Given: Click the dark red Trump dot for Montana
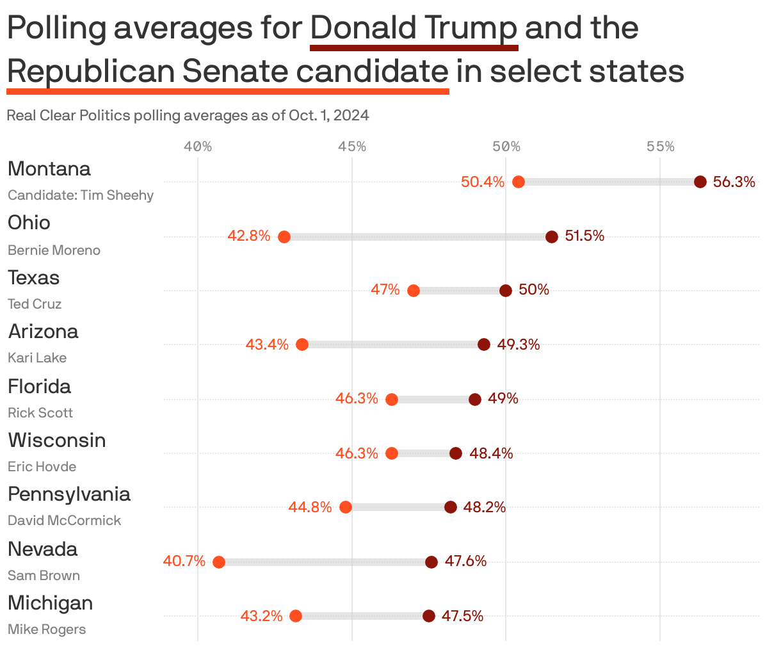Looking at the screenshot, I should [700, 182].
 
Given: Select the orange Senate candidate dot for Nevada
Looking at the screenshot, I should [218, 562].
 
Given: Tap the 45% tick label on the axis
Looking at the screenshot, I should [351, 147].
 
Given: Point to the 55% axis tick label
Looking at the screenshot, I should [660, 147].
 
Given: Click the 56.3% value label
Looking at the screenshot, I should [734, 182].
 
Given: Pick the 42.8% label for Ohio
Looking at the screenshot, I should [249, 236].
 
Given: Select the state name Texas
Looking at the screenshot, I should [33, 278].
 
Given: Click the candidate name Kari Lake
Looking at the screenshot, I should [37, 358].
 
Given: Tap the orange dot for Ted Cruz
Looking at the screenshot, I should [414, 291].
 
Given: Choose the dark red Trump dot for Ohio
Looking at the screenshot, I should [551, 237].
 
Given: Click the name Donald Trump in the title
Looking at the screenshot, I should [414, 28].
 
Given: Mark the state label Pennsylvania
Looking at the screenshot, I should [69, 494].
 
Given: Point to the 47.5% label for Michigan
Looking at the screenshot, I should [462, 616].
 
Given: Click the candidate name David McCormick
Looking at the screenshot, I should [64, 521].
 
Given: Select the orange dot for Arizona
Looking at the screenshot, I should [302, 344].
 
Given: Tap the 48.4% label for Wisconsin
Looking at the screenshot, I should [491, 453].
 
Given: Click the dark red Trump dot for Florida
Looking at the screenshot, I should [474, 400].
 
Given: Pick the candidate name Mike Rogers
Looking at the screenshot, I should [47, 629].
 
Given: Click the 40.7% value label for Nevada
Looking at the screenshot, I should [184, 562].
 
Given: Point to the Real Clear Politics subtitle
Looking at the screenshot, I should [188, 116].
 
